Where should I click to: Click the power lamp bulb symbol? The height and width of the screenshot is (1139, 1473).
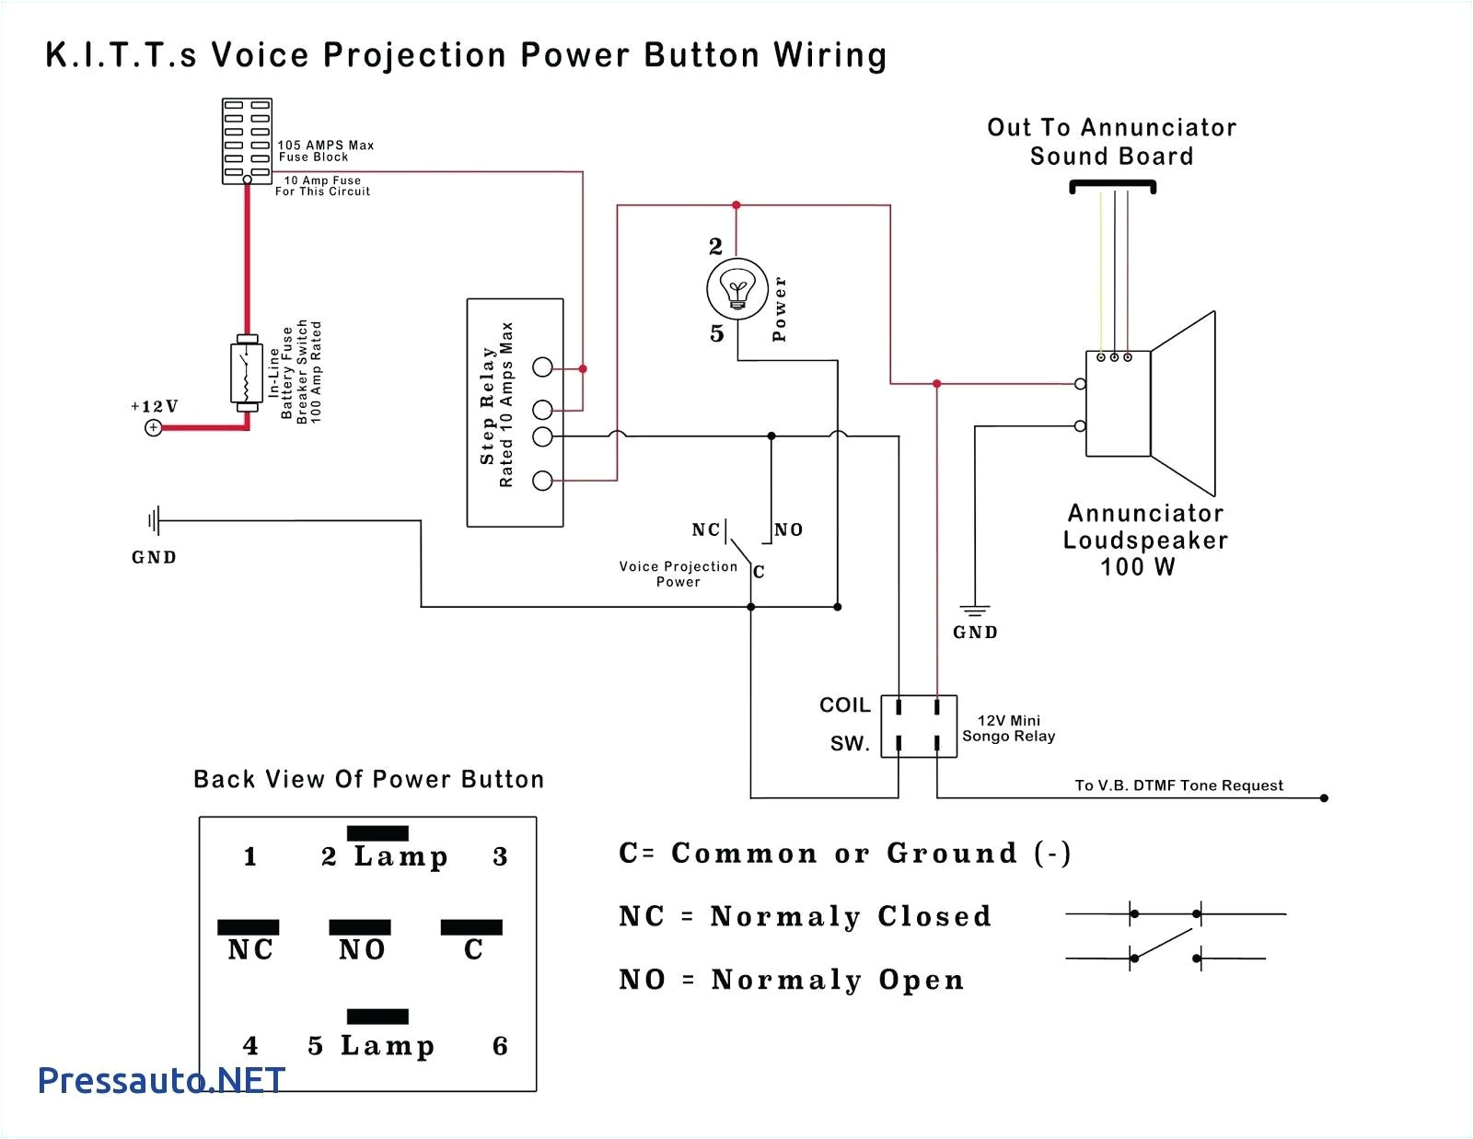pyautogui.click(x=736, y=289)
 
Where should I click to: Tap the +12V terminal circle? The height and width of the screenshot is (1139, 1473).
pyautogui.click(x=154, y=427)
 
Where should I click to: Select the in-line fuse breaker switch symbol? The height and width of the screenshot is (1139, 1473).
pyautogui.click(x=246, y=373)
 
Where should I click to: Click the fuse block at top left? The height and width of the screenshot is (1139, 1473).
pyautogui.click(x=247, y=141)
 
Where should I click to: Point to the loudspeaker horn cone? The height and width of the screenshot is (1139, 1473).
pyautogui.click(x=1184, y=403)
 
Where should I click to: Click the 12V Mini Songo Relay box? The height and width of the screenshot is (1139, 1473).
pyautogui.click(x=919, y=726)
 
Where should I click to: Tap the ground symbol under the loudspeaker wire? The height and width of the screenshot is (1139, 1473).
pyautogui.click(x=975, y=610)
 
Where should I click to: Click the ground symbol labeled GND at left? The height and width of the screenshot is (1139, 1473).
pyautogui.click(x=154, y=522)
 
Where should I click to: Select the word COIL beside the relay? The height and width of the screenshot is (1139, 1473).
pyautogui.click(x=844, y=705)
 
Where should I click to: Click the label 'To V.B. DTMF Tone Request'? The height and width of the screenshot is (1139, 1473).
pyautogui.click(x=1178, y=785)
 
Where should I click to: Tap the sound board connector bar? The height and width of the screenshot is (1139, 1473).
pyautogui.click(x=1112, y=187)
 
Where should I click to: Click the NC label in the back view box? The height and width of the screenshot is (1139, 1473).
pyautogui.click(x=250, y=949)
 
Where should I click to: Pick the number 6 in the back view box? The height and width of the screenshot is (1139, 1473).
pyautogui.click(x=500, y=1046)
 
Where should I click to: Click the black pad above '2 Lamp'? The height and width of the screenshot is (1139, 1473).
pyautogui.click(x=377, y=833)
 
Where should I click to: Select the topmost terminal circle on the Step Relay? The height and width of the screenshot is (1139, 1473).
pyautogui.click(x=543, y=366)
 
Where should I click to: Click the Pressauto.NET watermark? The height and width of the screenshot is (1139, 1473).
pyautogui.click(x=162, y=1079)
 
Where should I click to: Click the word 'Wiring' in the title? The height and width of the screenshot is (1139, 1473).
pyautogui.click(x=829, y=55)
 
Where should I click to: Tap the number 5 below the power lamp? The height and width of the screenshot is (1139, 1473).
pyautogui.click(x=717, y=333)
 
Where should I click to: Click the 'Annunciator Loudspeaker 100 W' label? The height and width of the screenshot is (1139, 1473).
pyautogui.click(x=1145, y=540)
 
